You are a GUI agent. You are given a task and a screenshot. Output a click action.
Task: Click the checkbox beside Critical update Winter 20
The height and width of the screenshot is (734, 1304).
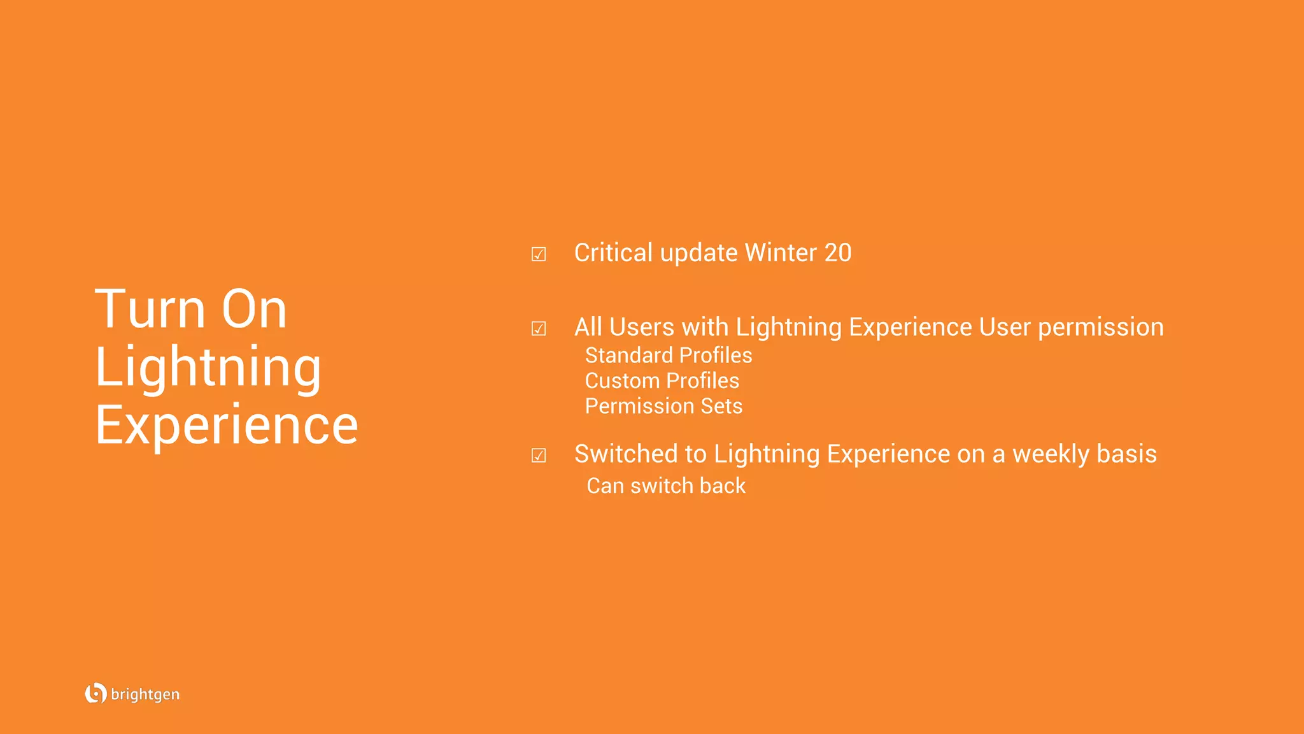point(539,255)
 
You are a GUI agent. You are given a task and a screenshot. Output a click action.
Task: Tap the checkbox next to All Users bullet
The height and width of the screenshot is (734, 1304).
point(539,329)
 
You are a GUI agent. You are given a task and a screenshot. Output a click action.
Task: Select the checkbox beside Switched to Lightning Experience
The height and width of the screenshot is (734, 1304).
point(539,456)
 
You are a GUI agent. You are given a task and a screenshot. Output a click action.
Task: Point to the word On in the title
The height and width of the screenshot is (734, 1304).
point(254,309)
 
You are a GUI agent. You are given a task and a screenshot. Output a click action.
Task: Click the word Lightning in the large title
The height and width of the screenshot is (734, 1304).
point(208,368)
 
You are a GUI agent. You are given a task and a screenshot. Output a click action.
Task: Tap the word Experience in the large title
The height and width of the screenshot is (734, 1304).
point(227,425)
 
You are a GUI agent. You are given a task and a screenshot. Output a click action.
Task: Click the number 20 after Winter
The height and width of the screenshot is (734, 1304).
point(838,253)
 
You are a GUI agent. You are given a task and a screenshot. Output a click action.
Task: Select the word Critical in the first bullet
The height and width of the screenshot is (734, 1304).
point(613,253)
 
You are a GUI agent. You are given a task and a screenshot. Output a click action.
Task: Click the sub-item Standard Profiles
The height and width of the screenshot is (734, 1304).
point(669,356)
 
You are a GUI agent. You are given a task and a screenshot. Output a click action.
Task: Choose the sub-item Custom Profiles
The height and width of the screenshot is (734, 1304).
point(662,381)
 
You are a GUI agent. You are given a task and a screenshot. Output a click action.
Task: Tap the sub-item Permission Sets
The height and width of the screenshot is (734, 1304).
point(663,407)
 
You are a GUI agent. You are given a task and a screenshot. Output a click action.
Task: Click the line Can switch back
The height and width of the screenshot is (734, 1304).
point(666,486)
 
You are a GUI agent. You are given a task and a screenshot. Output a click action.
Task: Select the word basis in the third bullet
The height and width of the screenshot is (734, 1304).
point(1127,454)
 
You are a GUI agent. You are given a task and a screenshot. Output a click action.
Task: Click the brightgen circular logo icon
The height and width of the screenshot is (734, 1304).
point(96,693)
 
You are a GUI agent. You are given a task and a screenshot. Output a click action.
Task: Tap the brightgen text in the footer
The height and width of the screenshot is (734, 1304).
point(145,694)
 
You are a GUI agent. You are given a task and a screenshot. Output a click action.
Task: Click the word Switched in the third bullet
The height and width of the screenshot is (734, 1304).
point(626,454)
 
